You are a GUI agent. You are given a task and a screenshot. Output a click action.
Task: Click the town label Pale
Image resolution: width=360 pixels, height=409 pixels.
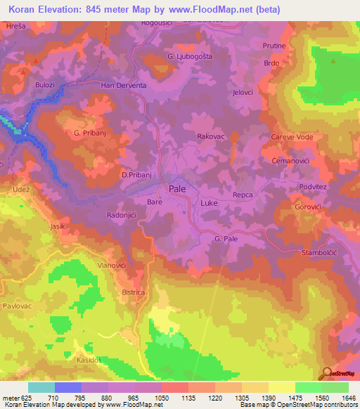[x=177, y=188]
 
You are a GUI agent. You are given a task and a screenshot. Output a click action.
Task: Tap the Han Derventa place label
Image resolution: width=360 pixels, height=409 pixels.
[x=123, y=86]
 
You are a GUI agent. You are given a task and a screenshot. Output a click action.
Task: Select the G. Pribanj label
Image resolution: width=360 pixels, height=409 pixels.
[x=89, y=132]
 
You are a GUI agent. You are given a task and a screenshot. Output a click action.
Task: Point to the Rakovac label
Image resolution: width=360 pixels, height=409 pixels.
[x=211, y=136]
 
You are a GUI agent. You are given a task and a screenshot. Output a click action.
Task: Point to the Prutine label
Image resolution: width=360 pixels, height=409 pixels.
[x=274, y=46]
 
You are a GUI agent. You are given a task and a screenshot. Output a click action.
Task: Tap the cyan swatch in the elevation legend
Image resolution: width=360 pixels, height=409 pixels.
[x=41, y=387]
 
